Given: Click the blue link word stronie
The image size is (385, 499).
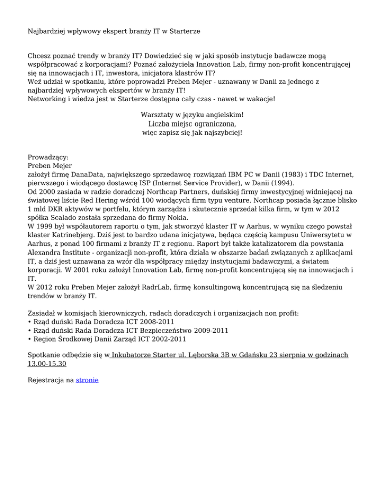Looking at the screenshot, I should coord(87,381).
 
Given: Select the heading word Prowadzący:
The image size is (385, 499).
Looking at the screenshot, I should coord(48,157).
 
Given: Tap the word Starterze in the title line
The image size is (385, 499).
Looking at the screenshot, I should coord(183,31).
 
